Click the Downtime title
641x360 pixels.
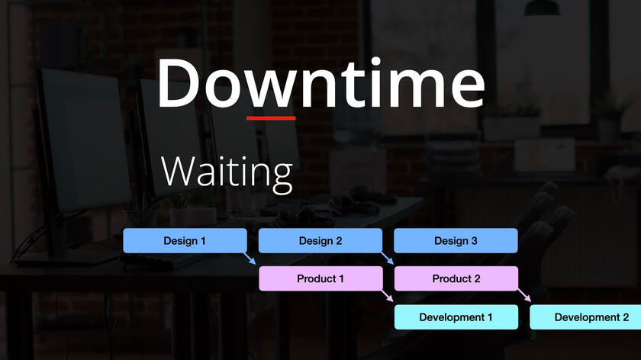point(321,83)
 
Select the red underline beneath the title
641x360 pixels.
point(271,118)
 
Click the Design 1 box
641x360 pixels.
point(185,241)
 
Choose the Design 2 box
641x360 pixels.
point(320,241)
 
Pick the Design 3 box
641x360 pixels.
point(456,241)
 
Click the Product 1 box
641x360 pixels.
point(321,278)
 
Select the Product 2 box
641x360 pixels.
point(456,278)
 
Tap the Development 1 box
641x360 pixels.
point(456,317)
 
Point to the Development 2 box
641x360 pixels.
point(585,317)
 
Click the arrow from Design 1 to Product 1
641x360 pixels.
point(250,259)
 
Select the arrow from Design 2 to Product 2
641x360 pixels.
point(387,259)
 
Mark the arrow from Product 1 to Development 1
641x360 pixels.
point(387,296)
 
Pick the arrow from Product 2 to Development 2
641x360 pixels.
point(524,295)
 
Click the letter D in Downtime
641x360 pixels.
point(179,84)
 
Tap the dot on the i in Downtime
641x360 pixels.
point(376,61)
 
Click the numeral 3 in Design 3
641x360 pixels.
point(474,241)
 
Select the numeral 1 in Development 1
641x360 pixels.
point(489,317)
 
